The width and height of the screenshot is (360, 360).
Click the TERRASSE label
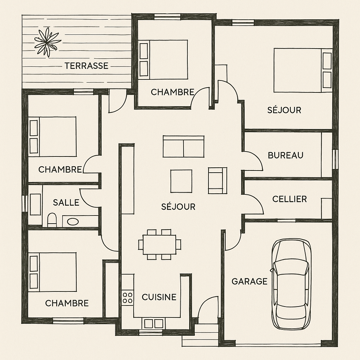[86, 66]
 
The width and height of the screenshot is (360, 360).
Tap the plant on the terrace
[47, 42]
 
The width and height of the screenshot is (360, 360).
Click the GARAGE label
[250, 281]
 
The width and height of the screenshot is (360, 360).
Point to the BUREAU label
[285, 155]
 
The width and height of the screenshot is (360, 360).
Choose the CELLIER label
[290, 199]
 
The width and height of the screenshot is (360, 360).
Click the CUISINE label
[159, 297]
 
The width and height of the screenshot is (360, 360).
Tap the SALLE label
[66, 202]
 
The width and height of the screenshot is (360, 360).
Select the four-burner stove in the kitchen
[127, 297]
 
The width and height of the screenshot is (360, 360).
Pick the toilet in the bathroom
[52, 220]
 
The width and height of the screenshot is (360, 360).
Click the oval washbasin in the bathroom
[72, 221]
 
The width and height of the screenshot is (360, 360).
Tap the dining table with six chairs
[160, 244]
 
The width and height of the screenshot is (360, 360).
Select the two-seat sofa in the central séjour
[184, 146]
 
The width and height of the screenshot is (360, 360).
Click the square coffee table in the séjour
[181, 181]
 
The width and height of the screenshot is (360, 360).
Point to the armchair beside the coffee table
[217, 180]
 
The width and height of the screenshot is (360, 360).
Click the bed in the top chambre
[163, 60]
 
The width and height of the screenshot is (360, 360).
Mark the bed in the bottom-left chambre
[52, 272]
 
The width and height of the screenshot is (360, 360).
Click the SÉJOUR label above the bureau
[284, 110]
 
